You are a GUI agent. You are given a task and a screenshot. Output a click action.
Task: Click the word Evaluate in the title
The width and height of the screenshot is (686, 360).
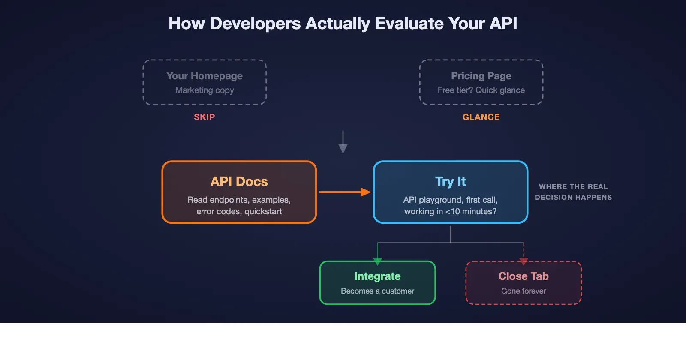pyautogui.click(x=409, y=24)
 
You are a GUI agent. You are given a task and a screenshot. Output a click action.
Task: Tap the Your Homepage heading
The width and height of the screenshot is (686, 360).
pyautogui.click(x=205, y=76)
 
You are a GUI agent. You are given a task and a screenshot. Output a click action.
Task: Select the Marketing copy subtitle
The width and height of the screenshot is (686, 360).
pyautogui.click(x=205, y=90)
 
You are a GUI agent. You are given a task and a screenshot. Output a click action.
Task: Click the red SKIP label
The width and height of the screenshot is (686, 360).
pyautogui.click(x=204, y=117)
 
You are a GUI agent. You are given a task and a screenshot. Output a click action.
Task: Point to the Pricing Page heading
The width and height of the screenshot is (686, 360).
pyautogui.click(x=481, y=76)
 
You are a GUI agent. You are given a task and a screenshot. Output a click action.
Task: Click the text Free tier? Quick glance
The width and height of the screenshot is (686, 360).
pyautogui.click(x=481, y=90)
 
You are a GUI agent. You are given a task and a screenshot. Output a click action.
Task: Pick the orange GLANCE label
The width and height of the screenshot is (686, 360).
pyautogui.click(x=481, y=117)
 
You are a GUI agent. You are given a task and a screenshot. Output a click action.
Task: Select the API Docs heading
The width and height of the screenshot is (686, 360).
pyautogui.click(x=239, y=182)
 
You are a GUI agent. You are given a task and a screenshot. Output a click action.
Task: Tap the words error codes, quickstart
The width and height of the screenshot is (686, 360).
pyautogui.click(x=239, y=211)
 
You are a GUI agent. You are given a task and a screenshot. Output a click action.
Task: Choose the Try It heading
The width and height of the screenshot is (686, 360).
pyautogui.click(x=450, y=182)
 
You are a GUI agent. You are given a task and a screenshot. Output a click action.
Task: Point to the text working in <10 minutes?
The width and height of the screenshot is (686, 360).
pyautogui.click(x=450, y=211)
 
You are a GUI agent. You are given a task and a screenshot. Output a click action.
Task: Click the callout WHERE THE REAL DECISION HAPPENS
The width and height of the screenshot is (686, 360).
pyautogui.click(x=573, y=192)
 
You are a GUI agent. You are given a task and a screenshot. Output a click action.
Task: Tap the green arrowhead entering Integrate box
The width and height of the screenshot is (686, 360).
pyautogui.click(x=378, y=261)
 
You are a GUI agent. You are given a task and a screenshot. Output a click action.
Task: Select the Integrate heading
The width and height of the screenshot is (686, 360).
pyautogui.click(x=377, y=276)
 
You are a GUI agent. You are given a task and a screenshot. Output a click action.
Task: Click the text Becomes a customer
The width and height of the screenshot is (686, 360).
pyautogui.click(x=377, y=291)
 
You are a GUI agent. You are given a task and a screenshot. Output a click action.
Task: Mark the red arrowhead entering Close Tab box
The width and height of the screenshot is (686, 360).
pyautogui.click(x=523, y=261)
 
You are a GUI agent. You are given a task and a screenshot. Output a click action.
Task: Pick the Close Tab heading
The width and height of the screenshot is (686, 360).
pyautogui.click(x=523, y=276)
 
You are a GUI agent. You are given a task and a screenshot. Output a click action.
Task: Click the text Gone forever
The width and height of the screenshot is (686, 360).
pyautogui.click(x=523, y=291)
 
